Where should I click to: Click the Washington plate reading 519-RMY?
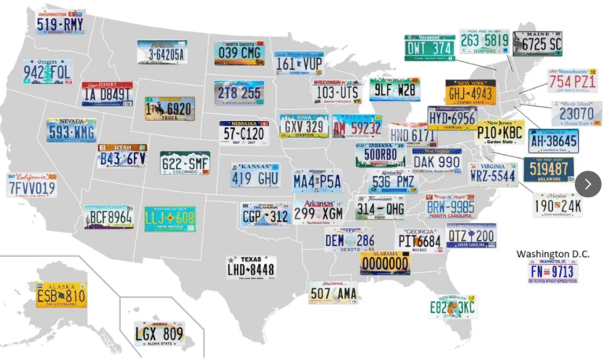(60, 22)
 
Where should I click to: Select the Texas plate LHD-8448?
(251, 267)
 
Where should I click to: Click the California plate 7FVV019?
(31, 186)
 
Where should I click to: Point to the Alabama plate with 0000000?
(385, 263)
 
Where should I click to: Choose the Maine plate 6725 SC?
(538, 43)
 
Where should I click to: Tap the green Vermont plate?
(429, 47)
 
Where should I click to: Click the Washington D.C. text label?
(553, 254)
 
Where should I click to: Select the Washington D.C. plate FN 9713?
(553, 272)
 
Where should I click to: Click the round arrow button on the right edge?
(587, 183)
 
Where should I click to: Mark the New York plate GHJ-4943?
(471, 92)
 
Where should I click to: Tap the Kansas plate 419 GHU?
(256, 175)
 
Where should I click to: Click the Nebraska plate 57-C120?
(244, 134)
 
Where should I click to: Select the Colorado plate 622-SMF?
(185, 163)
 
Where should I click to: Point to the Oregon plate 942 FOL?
(47, 72)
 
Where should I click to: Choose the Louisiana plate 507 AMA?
(333, 292)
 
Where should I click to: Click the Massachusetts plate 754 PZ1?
(571, 81)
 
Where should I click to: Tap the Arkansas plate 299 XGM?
(319, 211)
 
